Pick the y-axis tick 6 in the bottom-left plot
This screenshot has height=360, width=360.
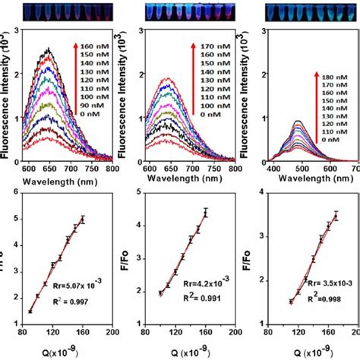coord(15,194)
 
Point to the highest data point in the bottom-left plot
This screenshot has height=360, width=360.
coord(83,219)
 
